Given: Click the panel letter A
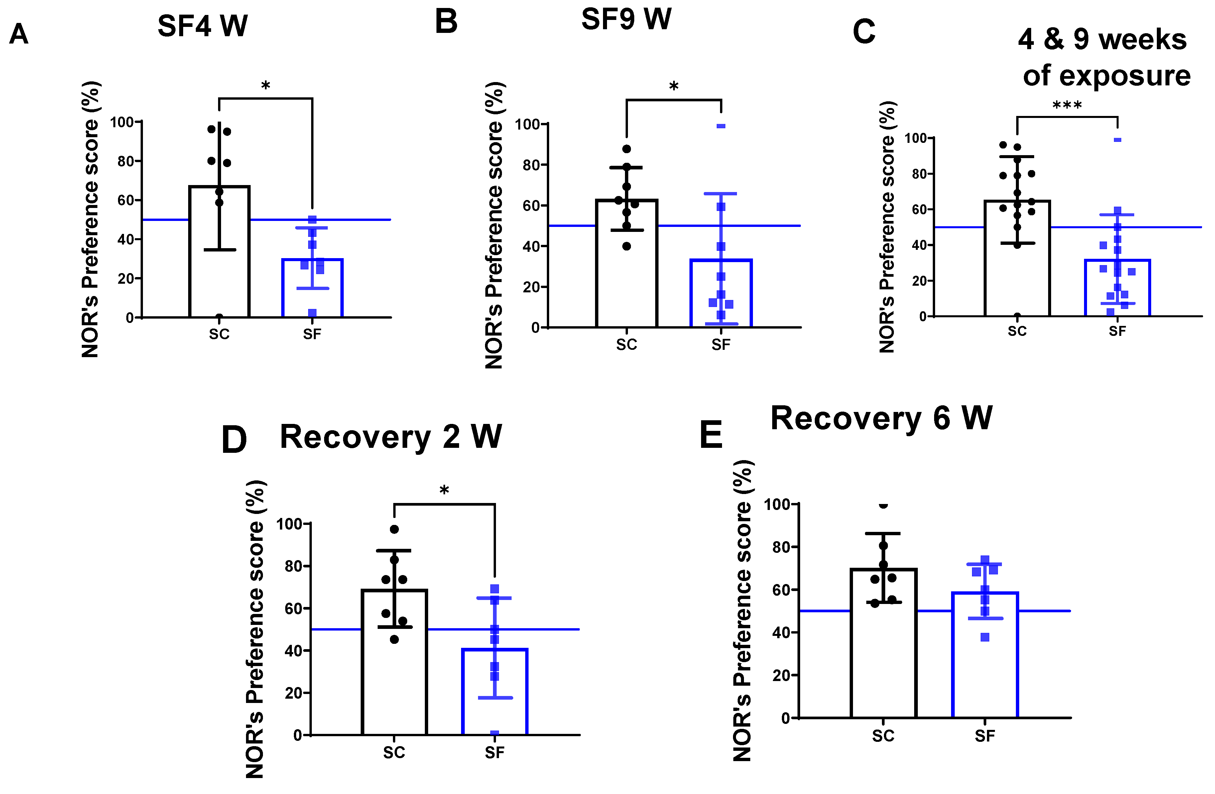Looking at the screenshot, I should coord(19,35).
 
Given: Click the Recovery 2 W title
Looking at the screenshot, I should coord(391,437).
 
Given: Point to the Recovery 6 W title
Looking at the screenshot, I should coord(881,419).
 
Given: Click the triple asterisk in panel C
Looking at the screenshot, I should coord(1067,106).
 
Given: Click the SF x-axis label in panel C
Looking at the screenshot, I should coord(1117,331).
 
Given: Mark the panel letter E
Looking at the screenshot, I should coord(711,435).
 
